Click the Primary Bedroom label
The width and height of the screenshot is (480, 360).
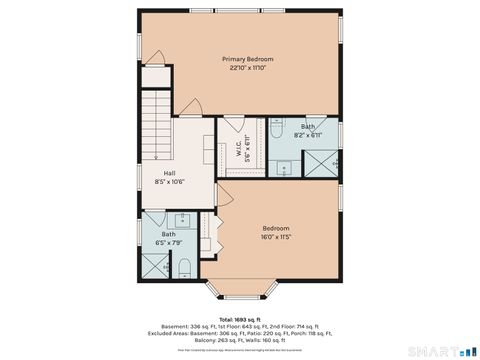tap(247, 59)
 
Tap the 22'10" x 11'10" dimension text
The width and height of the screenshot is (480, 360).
tap(247, 68)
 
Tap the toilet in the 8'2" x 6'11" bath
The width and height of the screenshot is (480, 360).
tap(276, 129)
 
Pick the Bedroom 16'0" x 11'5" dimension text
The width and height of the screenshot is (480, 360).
tap(276, 237)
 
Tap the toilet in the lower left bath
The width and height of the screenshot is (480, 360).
tap(185, 266)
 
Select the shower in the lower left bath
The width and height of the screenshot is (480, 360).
tap(155, 264)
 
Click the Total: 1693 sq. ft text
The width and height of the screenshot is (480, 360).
tap(240, 319)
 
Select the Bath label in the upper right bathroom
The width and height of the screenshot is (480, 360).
tap(308, 126)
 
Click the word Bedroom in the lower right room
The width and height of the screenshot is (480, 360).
tap(276, 227)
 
